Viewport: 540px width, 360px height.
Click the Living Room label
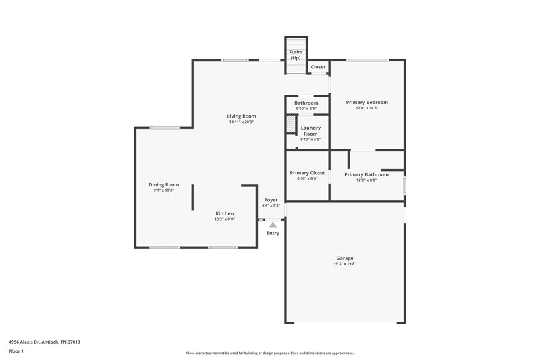click(x=241, y=116)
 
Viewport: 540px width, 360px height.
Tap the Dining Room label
click(x=163, y=184)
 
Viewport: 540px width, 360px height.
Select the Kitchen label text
click(x=224, y=213)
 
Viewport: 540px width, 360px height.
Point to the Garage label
click(x=345, y=258)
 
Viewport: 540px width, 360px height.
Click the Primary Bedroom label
click(x=367, y=103)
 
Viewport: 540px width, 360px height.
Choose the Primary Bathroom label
click(x=366, y=174)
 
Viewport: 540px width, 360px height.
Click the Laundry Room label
click(x=310, y=130)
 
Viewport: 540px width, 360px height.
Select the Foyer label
click(x=271, y=200)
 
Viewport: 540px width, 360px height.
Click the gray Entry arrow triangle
click(x=273, y=224)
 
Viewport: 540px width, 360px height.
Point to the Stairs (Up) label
click(x=296, y=55)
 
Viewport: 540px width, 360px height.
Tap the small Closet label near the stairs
click(x=318, y=67)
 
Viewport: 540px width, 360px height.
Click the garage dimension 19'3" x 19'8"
click(x=345, y=264)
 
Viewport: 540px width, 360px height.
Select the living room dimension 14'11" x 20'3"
click(x=241, y=122)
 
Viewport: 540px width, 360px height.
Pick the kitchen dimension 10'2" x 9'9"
click(x=224, y=220)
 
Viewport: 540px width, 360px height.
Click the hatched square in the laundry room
click(x=291, y=126)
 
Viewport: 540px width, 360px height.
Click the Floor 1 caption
click(x=16, y=351)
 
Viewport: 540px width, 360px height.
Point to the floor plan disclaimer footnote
click(x=269, y=353)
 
